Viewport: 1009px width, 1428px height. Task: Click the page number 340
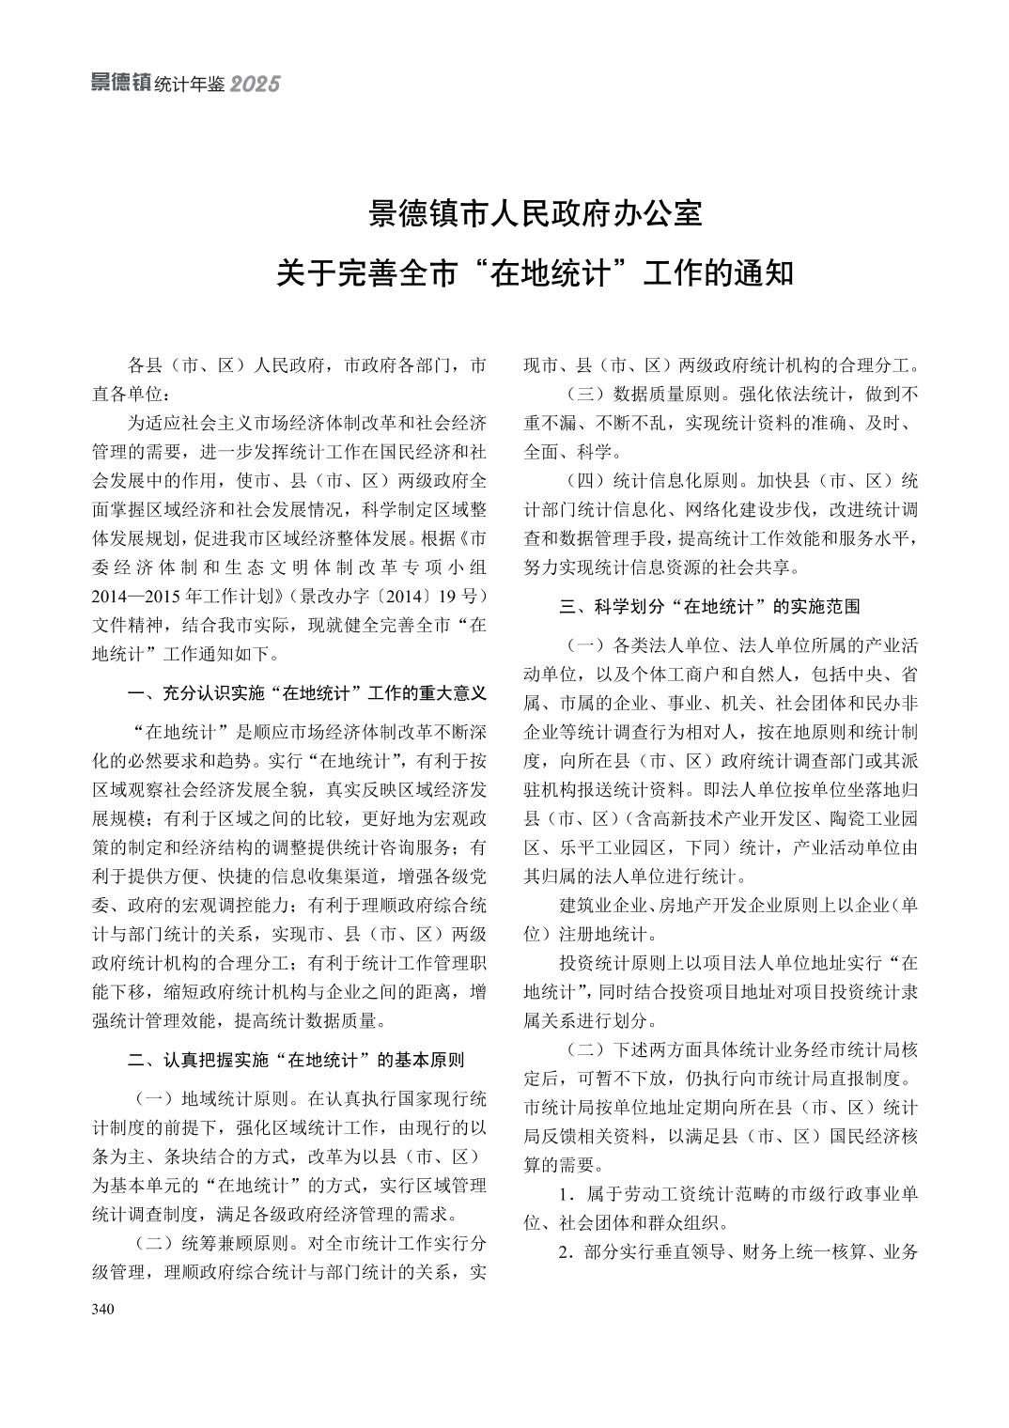point(102,1309)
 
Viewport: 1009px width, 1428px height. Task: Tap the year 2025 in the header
point(255,85)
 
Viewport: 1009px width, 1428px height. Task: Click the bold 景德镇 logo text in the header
point(120,83)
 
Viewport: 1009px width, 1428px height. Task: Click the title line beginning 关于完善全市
point(536,273)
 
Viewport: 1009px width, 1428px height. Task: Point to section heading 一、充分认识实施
point(307,693)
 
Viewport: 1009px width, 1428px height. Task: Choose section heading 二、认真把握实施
point(296,1061)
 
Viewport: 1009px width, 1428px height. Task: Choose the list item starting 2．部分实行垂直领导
point(738,1253)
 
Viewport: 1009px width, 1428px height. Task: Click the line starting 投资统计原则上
point(738,964)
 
